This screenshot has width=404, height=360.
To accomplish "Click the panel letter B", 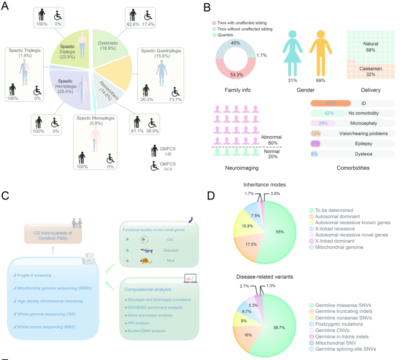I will [x=207, y=7].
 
